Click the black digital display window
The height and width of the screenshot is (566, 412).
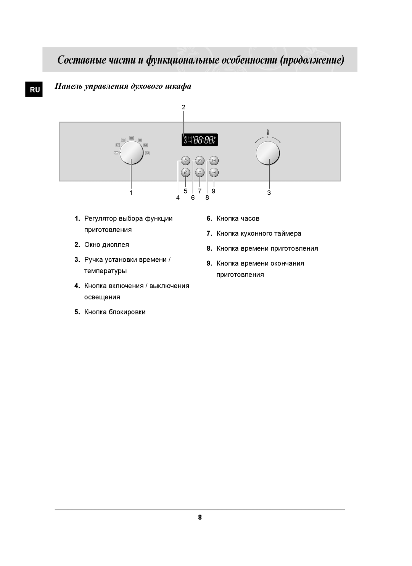[199, 140]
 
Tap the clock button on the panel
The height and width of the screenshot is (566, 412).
[200, 161]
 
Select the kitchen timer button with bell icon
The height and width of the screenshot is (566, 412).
[200, 173]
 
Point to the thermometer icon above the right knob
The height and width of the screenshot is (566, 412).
[268, 133]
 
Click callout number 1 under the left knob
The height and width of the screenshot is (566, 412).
[131, 193]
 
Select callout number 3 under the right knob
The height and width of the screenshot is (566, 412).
[269, 193]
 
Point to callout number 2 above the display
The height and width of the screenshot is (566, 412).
[183, 107]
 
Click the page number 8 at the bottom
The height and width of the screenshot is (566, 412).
[200, 518]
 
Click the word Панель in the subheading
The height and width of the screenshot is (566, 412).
[67, 86]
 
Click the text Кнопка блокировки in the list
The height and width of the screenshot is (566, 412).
[115, 312]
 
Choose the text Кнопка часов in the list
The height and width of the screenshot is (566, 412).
[238, 218]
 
